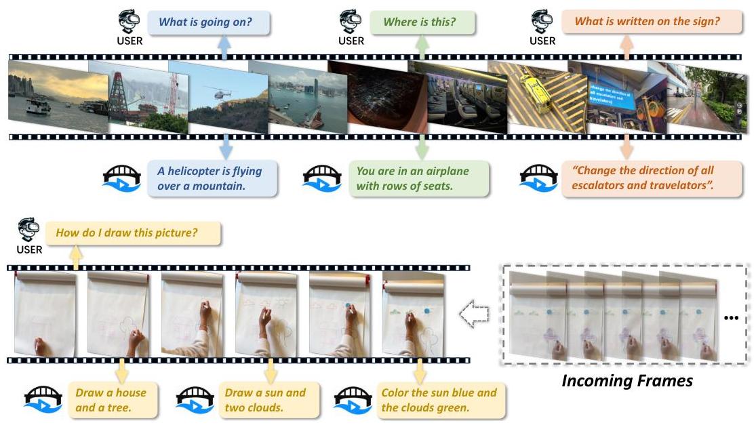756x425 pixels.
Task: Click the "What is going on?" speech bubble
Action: (208, 22)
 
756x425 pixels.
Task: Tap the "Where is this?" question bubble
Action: (422, 22)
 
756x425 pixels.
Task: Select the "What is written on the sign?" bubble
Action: (652, 21)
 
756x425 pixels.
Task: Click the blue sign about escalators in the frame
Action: (611, 96)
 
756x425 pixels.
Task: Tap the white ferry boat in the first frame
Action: (39, 104)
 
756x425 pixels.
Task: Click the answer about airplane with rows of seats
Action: (418, 178)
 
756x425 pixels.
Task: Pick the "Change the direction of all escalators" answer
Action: (652, 178)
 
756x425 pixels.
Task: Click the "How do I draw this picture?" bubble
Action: (133, 233)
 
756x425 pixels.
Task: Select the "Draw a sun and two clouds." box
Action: (269, 400)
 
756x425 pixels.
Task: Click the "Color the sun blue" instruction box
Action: (441, 400)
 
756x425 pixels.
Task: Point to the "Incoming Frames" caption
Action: (627, 381)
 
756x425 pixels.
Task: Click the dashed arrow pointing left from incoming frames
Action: (474, 314)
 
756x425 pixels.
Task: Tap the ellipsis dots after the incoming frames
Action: (731, 317)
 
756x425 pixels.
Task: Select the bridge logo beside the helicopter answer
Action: (122, 178)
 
